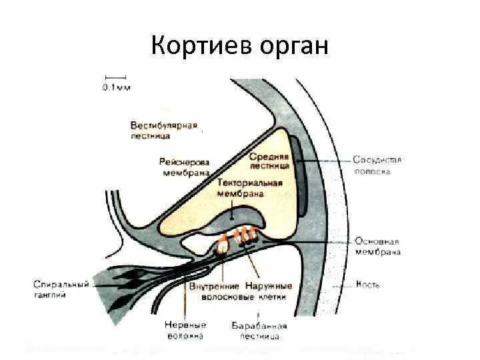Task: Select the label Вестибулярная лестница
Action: pyautogui.click(x=164, y=131)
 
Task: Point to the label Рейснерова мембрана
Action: pyautogui.click(x=185, y=167)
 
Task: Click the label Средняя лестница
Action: pyautogui.click(x=269, y=160)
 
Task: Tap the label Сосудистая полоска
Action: pyautogui.click(x=377, y=165)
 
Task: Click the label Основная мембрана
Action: pyautogui.click(x=377, y=247)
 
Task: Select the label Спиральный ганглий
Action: pyautogui.click(x=61, y=289)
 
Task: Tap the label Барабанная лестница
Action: pyautogui.click(x=259, y=331)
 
